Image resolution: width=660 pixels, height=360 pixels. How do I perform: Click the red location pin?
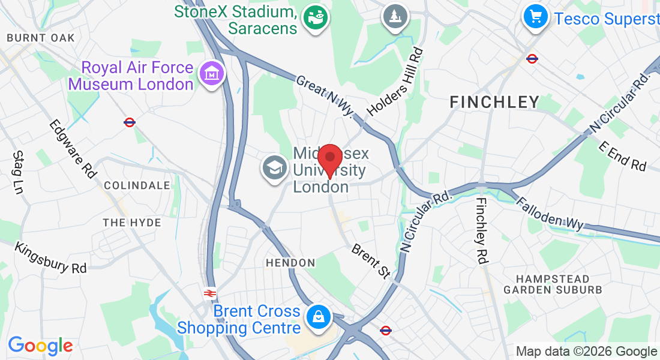(x=329, y=160)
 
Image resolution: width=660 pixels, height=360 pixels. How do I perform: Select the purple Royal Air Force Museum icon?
(x=211, y=74)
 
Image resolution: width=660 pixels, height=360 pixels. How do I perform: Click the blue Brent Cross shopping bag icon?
(x=317, y=317)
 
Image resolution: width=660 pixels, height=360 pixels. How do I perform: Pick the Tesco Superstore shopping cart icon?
(x=536, y=16)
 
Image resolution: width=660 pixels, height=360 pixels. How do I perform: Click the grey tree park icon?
(x=395, y=16)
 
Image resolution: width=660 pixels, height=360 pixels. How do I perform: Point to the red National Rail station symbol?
(x=209, y=293)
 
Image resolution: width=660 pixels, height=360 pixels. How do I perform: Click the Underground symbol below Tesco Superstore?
(x=532, y=58)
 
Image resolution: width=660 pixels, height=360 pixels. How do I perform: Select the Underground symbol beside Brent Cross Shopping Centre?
(x=386, y=330)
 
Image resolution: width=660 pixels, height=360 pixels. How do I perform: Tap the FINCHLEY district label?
(x=495, y=102)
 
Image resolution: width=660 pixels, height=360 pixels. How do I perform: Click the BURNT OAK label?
(x=41, y=38)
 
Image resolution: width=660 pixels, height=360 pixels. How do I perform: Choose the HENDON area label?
(x=290, y=263)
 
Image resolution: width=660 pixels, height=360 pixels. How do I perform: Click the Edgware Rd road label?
(x=73, y=148)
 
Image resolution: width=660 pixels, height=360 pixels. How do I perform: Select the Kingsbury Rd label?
(x=51, y=258)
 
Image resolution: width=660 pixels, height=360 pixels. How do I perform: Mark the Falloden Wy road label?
(x=550, y=214)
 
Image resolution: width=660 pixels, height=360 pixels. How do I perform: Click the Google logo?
(x=40, y=346)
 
